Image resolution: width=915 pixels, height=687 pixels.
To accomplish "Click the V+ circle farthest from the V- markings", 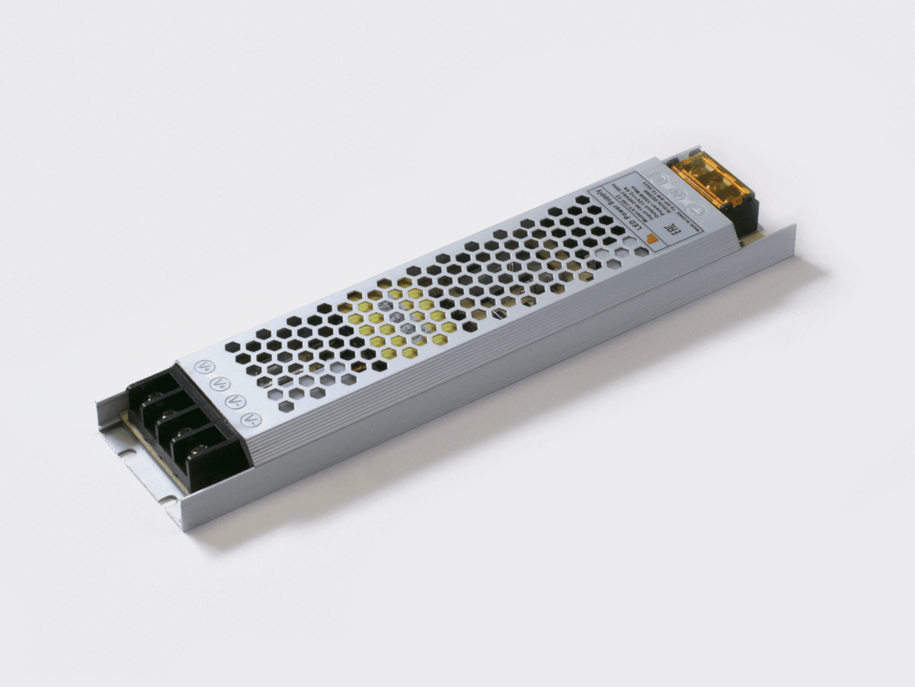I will coord(202,367).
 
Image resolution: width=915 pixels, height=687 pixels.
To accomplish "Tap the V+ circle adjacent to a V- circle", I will coord(218,384).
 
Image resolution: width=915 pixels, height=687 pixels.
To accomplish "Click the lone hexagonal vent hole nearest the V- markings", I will coord(268,405).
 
